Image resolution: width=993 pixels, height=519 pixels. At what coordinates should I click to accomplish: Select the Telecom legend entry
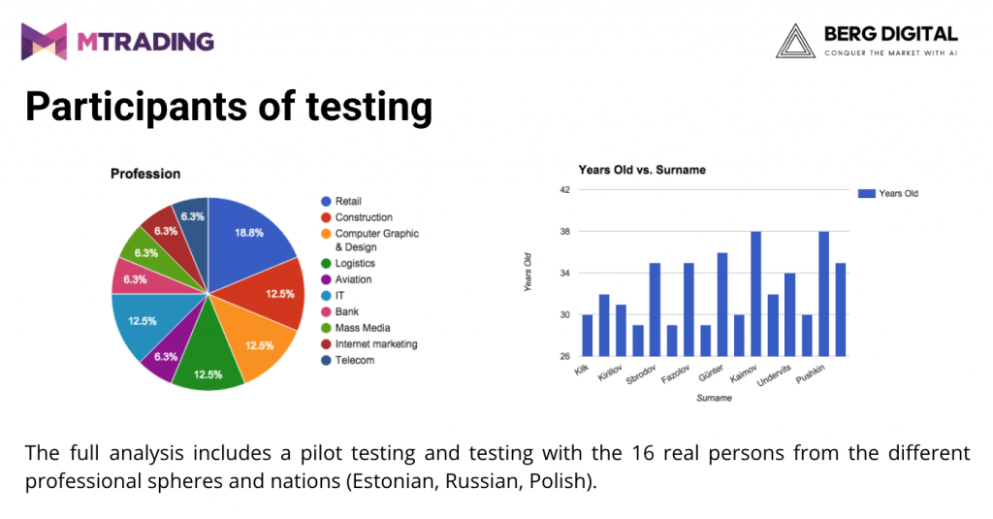pos(354,360)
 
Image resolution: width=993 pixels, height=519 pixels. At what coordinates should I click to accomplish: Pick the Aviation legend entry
pos(353,279)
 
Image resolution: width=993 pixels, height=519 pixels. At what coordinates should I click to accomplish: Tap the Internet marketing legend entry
pos(375,343)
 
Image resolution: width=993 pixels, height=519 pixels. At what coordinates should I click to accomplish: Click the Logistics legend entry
pos(354,263)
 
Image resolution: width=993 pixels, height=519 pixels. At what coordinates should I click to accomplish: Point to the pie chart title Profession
pos(145,174)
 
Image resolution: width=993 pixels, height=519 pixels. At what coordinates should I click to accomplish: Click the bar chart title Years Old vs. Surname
pos(642,170)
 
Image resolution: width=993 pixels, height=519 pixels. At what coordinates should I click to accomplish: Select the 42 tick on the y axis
pos(564,190)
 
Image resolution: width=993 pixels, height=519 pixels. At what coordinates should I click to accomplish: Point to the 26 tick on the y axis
pos(564,357)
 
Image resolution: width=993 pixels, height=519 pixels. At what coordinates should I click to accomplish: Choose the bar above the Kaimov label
pos(755,294)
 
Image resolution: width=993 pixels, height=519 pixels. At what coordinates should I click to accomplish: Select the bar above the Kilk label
pos(587,336)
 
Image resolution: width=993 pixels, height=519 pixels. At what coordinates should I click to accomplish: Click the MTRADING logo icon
pos(44,42)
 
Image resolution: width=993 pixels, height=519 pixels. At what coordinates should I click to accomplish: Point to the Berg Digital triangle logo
pos(795,42)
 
